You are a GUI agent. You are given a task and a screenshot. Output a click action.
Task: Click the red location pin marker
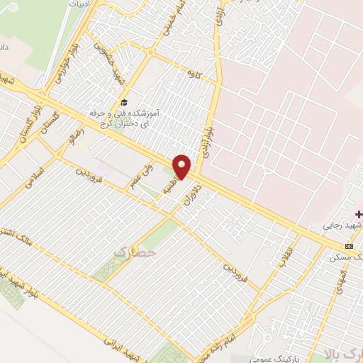182,167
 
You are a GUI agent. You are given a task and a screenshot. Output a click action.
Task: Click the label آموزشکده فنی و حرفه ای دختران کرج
124,118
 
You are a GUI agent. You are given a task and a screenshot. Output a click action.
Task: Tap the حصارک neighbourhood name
133,250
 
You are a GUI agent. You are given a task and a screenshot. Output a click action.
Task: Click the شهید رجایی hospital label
343,225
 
